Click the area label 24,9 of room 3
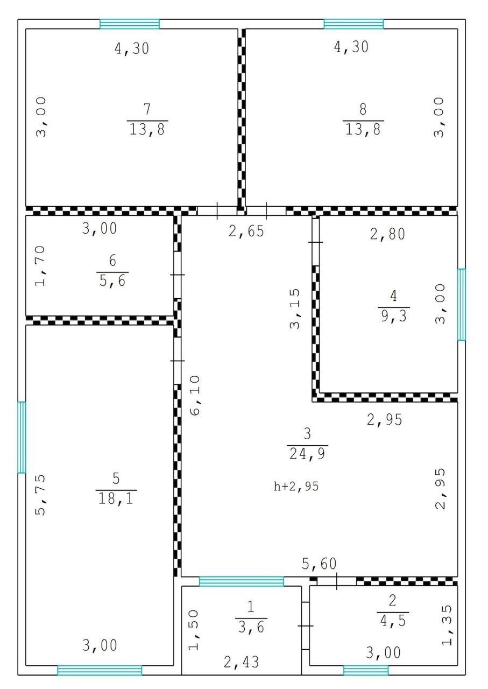[307, 454]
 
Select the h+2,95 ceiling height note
[296, 486]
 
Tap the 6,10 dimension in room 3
[195, 395]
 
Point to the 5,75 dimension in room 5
[40, 495]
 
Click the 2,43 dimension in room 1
[241, 662]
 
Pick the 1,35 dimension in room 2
[447, 625]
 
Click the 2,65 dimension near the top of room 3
[246, 231]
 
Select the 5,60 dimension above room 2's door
[319, 564]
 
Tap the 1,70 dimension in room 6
[40, 266]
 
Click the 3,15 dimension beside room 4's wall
[295, 308]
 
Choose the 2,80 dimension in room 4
[387, 234]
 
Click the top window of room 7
[130, 24]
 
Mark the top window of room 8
[353, 24]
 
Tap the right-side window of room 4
[462, 305]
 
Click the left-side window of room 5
[22, 437]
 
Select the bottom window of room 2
[366, 670]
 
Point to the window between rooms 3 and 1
[242, 582]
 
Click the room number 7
[147, 109]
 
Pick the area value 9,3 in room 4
[394, 315]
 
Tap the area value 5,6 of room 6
[112, 280]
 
